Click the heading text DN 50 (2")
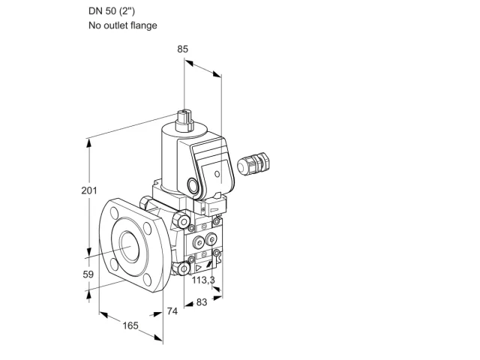(x=112, y=11)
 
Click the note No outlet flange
(x=123, y=25)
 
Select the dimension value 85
(x=183, y=49)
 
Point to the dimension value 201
(x=89, y=190)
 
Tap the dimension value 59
(x=88, y=274)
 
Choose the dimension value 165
(x=130, y=325)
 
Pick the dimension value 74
(x=172, y=311)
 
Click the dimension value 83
(x=202, y=302)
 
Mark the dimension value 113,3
(x=203, y=280)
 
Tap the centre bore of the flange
(x=130, y=247)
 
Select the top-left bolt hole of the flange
(x=114, y=212)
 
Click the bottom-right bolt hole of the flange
(x=148, y=280)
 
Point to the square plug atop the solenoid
(x=184, y=120)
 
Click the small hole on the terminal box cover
(x=217, y=174)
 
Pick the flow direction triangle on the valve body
(x=198, y=268)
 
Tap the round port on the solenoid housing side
(x=193, y=185)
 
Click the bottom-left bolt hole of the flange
(x=113, y=265)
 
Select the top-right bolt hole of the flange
(x=147, y=228)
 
